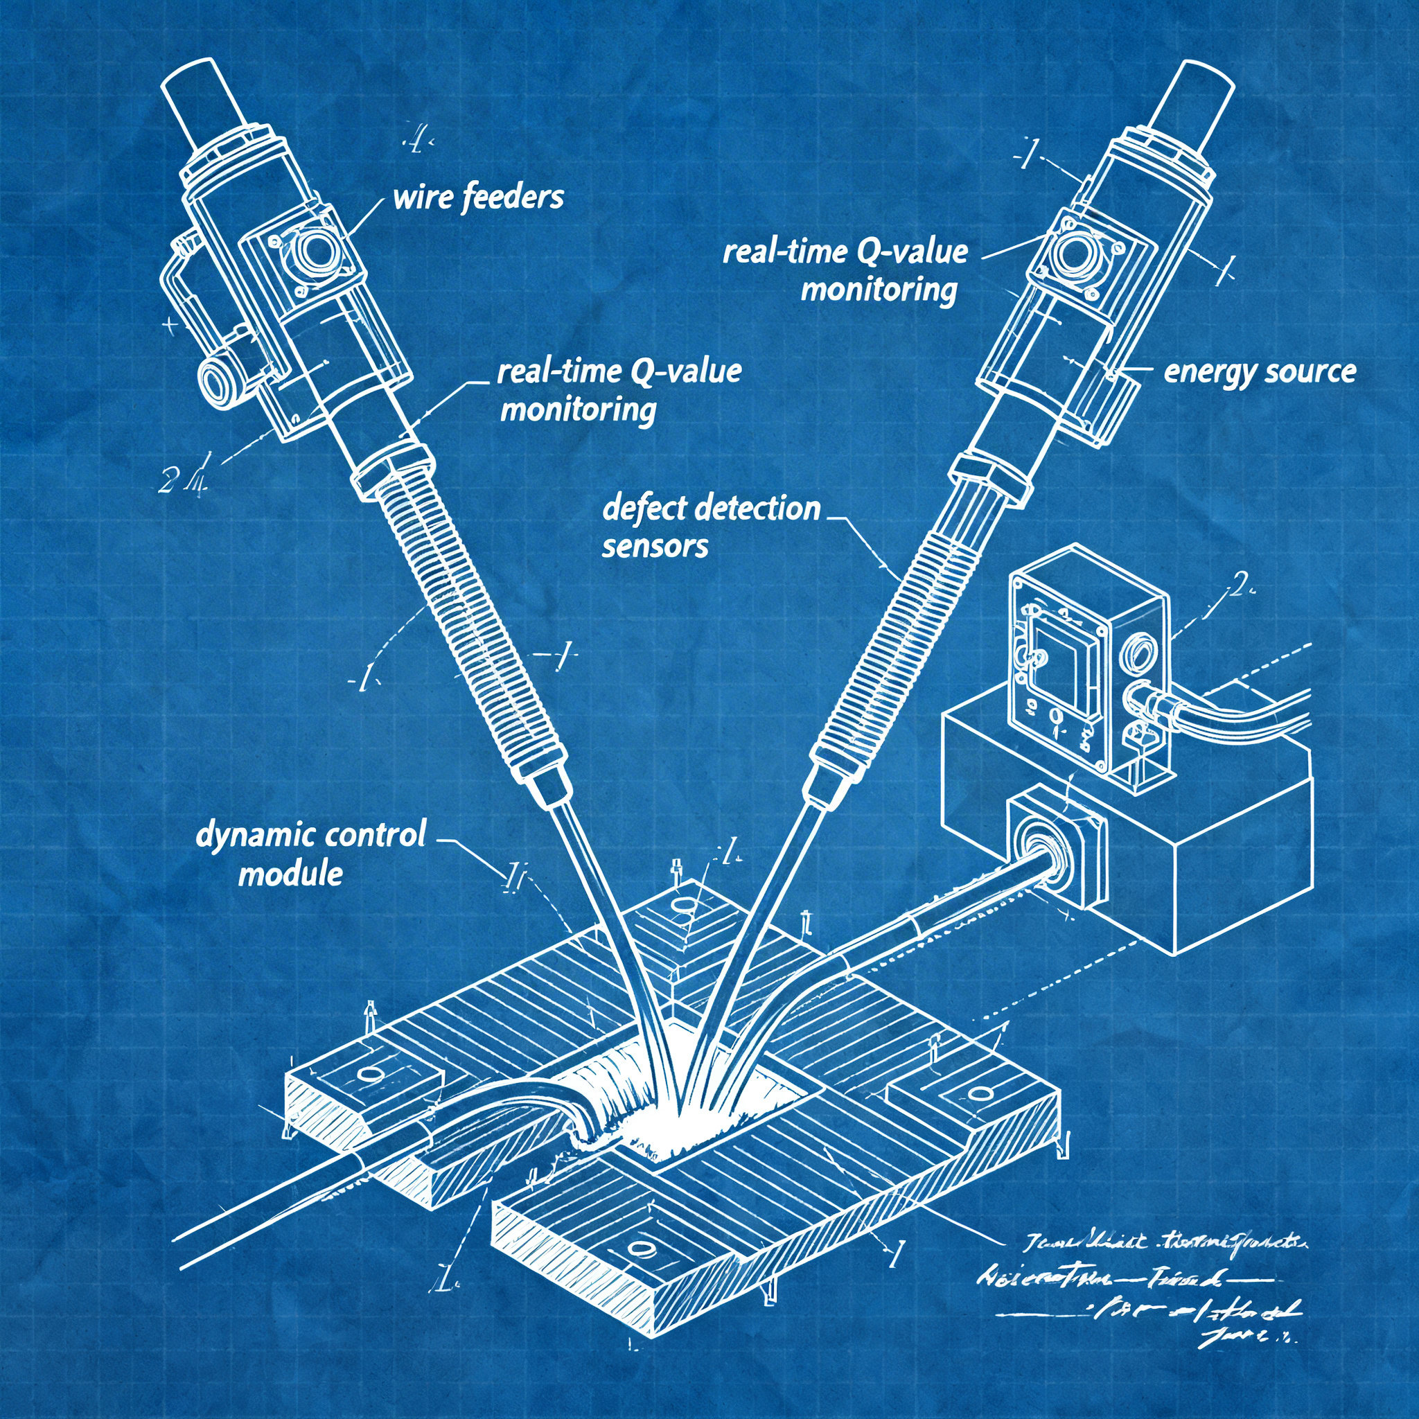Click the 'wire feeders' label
(478, 198)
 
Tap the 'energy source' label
(1259, 371)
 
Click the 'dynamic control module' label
(310, 854)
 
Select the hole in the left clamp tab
(371, 1074)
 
